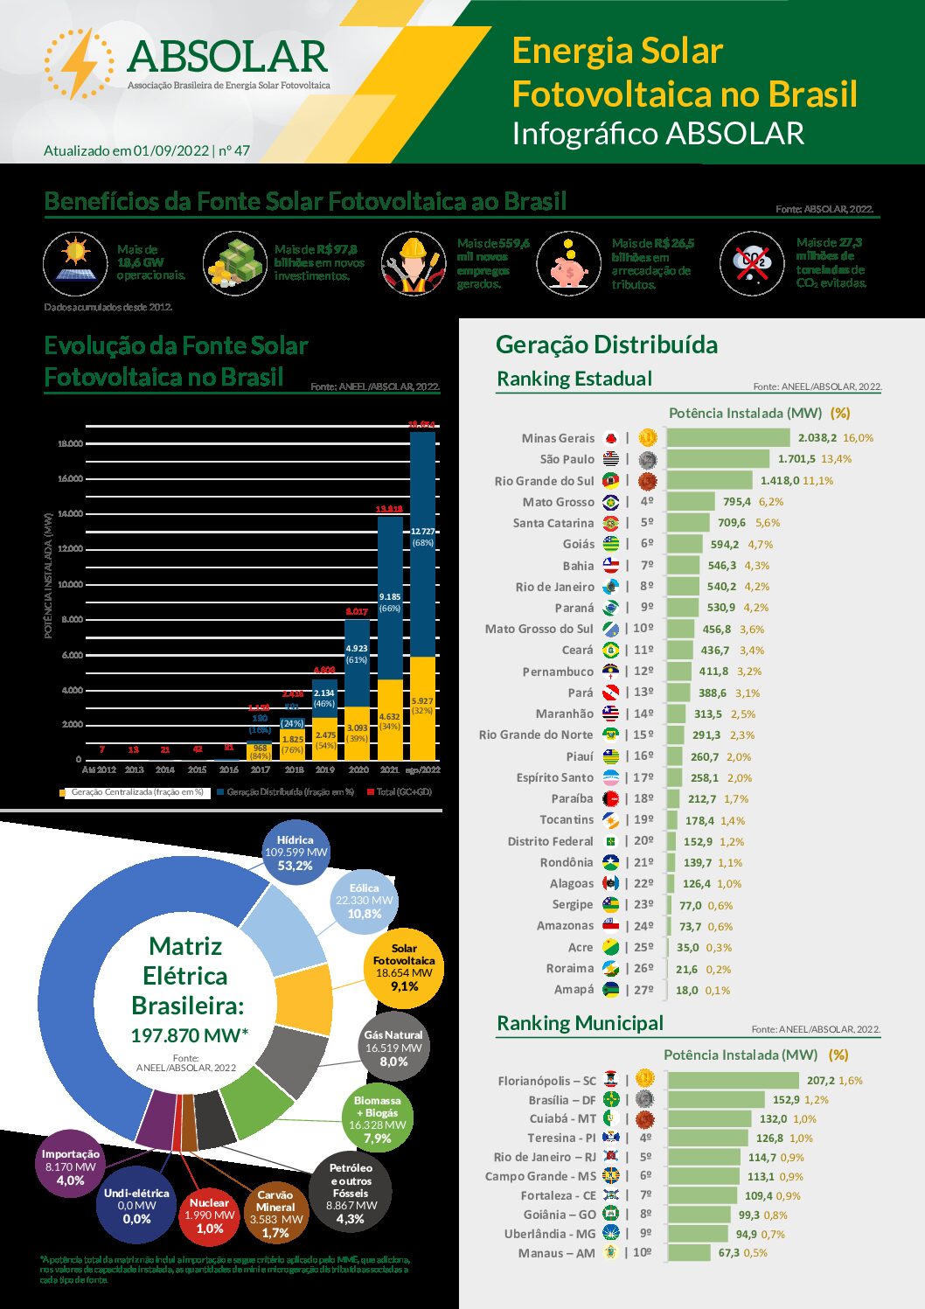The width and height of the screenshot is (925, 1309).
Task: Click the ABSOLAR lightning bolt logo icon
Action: pos(79,63)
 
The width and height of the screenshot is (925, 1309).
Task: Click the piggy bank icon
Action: pos(568,264)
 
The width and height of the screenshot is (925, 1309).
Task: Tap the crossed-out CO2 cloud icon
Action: pos(752,263)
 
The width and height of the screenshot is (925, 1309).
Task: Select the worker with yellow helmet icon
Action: pos(414,263)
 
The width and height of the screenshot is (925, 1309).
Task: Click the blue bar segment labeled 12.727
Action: pos(422,542)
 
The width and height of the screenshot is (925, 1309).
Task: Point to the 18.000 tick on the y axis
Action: pos(70,443)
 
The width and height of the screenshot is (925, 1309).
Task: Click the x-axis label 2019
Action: pos(324,769)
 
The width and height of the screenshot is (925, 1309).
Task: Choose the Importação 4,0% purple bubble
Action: pos(71,1167)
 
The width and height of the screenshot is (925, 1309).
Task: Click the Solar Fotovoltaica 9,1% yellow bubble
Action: pos(404,967)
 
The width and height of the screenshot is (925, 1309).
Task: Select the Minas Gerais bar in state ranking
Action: pos(728,437)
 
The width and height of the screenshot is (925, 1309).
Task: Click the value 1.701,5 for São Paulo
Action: pos(796,459)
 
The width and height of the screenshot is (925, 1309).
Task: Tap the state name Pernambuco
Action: pos(558,672)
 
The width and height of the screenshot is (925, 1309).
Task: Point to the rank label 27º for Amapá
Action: pos(643,990)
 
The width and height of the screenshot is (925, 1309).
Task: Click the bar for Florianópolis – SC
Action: pos(733,1081)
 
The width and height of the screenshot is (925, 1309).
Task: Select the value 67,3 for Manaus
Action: pos(729,1253)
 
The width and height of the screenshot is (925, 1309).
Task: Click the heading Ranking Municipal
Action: pos(580,1023)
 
